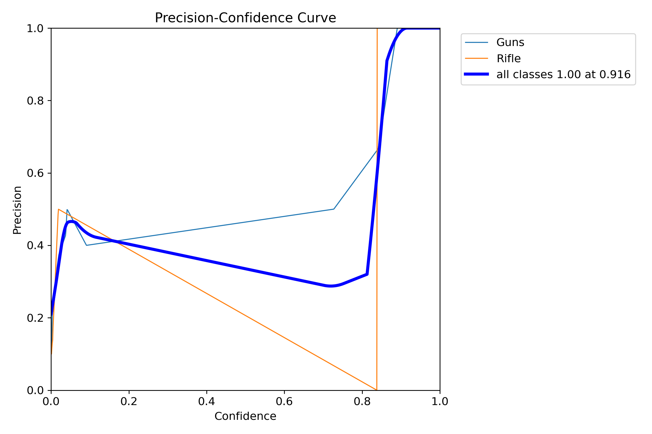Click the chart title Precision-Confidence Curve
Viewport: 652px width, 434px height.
pos(245,18)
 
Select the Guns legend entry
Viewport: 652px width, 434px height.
pos(510,43)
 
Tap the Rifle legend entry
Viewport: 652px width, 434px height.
pos(508,59)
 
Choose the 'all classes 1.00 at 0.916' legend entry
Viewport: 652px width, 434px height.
pos(563,75)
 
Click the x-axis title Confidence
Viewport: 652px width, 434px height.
pos(245,416)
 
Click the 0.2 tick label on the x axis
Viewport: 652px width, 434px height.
pos(129,402)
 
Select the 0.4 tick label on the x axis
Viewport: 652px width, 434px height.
pos(206,402)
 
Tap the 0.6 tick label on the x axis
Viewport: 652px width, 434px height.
pos(284,402)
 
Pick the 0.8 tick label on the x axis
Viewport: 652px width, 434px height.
pos(362,402)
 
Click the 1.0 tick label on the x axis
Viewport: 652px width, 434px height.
pos(440,402)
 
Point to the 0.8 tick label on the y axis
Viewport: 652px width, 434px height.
pos(35,101)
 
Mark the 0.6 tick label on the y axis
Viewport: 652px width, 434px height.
pos(35,173)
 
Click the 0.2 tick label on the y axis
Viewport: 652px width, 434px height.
pos(35,318)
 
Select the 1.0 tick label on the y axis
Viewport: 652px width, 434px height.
pos(35,28)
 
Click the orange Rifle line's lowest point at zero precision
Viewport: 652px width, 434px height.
pos(376,390)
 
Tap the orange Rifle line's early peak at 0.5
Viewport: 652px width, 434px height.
pos(59,209)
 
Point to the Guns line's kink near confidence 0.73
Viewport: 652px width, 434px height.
pos(334,209)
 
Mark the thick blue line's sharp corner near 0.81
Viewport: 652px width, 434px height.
pos(367,274)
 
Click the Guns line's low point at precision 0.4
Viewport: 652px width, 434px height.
pos(86,245)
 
